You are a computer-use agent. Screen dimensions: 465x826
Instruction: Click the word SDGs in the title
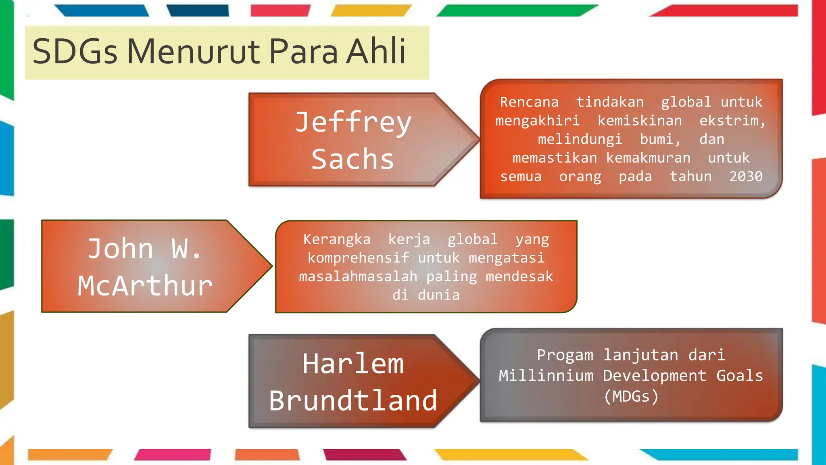(x=75, y=52)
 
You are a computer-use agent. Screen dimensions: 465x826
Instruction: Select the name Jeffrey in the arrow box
(x=353, y=122)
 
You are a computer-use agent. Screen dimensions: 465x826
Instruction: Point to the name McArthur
(x=145, y=286)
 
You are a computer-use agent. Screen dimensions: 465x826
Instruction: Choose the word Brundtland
(x=353, y=401)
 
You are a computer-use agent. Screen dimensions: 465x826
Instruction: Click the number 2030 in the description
(x=746, y=176)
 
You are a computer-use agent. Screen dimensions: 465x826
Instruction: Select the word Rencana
(x=529, y=102)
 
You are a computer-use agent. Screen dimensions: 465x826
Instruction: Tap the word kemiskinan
(x=640, y=121)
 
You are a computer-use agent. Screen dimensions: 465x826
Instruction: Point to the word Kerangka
(x=337, y=239)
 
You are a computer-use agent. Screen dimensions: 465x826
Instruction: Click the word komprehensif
(x=358, y=258)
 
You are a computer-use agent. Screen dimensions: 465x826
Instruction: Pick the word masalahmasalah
(x=358, y=276)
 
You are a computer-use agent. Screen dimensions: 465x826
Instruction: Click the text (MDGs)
(x=631, y=396)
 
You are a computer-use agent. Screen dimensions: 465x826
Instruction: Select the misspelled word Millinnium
(x=546, y=376)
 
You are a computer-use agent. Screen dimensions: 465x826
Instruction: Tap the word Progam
(x=565, y=355)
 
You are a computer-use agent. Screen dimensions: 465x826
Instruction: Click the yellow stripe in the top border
(x=371, y=10)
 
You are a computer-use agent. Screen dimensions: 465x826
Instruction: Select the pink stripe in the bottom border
(x=173, y=455)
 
